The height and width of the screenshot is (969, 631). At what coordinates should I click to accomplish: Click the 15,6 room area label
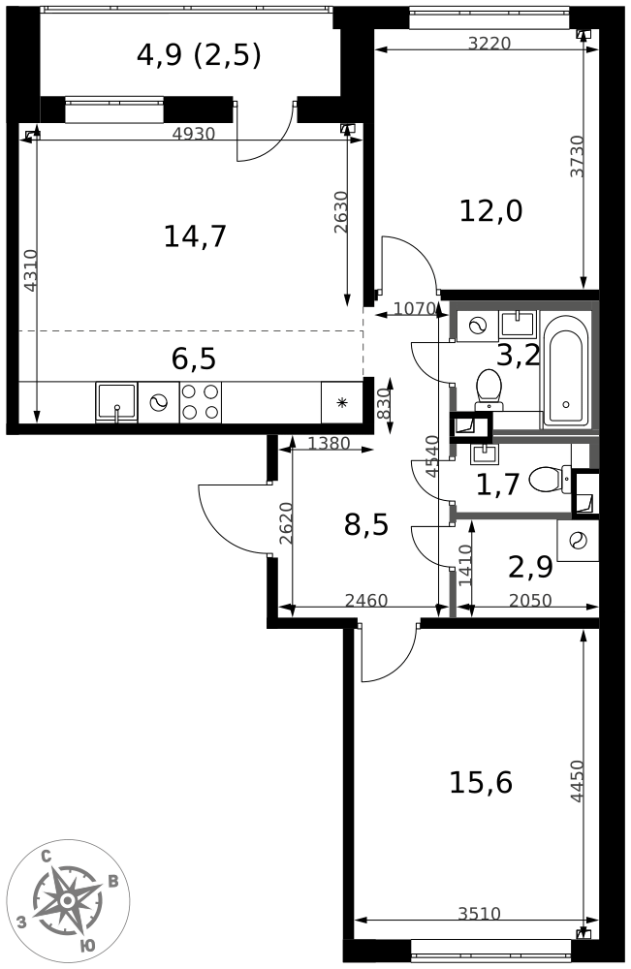click(x=480, y=783)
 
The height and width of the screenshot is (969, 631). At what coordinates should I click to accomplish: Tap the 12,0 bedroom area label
click(x=490, y=210)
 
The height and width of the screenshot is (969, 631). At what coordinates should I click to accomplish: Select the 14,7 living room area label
click(x=195, y=236)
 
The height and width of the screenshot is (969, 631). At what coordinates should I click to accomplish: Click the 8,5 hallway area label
click(x=365, y=525)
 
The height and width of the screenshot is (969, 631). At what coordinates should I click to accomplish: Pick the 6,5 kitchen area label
click(x=194, y=359)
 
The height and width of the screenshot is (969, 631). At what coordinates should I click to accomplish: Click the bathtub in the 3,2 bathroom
click(x=565, y=369)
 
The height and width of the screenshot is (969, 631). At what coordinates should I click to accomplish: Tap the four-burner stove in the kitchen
click(x=201, y=402)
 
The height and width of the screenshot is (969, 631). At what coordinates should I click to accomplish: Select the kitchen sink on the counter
click(x=117, y=402)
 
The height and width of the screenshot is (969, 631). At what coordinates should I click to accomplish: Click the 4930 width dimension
click(x=194, y=133)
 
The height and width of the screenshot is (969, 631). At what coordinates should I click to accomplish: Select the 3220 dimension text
click(x=489, y=43)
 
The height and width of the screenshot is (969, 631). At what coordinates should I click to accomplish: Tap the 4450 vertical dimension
click(x=577, y=780)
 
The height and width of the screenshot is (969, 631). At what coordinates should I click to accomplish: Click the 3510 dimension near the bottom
click(x=480, y=913)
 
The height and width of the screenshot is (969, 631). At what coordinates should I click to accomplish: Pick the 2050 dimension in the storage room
click(x=529, y=600)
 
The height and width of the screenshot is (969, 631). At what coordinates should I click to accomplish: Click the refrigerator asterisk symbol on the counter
click(x=341, y=403)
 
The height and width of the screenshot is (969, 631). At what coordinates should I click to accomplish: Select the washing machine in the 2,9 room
click(x=578, y=540)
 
